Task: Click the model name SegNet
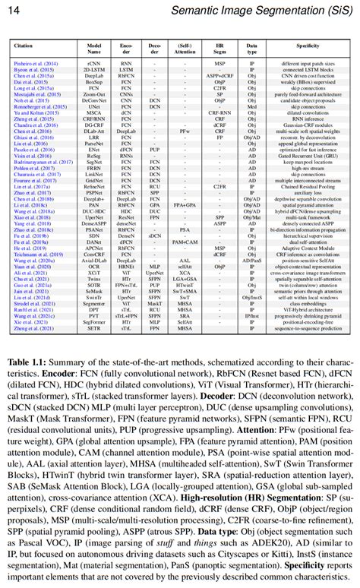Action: (x=94, y=162)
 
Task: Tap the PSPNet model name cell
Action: (x=94, y=193)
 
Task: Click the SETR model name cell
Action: (x=94, y=327)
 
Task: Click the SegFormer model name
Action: (x=94, y=321)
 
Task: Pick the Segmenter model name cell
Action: (x=94, y=302)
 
